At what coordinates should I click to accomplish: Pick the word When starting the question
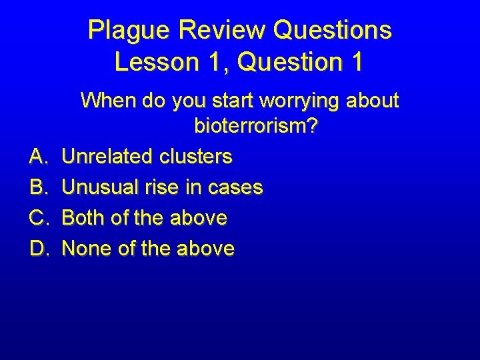108,101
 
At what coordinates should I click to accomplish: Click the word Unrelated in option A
108,157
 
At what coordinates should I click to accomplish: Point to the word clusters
196,157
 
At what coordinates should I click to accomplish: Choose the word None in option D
85,249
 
